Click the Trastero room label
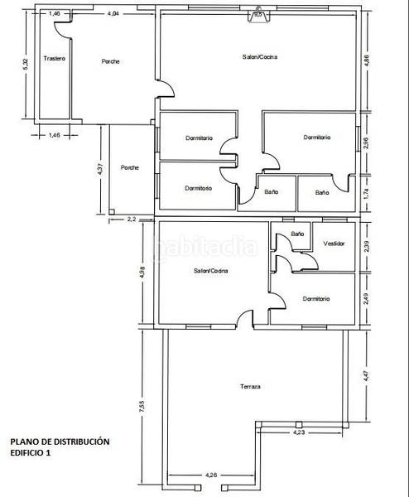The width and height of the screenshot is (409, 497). (x=55, y=59)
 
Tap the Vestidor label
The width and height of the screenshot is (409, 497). (x=334, y=244)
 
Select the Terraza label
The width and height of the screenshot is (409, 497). (x=250, y=387)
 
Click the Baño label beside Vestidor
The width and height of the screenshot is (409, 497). (x=297, y=234)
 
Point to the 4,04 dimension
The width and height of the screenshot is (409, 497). (x=113, y=14)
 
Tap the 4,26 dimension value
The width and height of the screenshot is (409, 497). (x=211, y=475)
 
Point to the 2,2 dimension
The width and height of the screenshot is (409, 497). (x=132, y=220)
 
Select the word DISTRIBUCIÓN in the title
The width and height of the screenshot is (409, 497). (x=80, y=442)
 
